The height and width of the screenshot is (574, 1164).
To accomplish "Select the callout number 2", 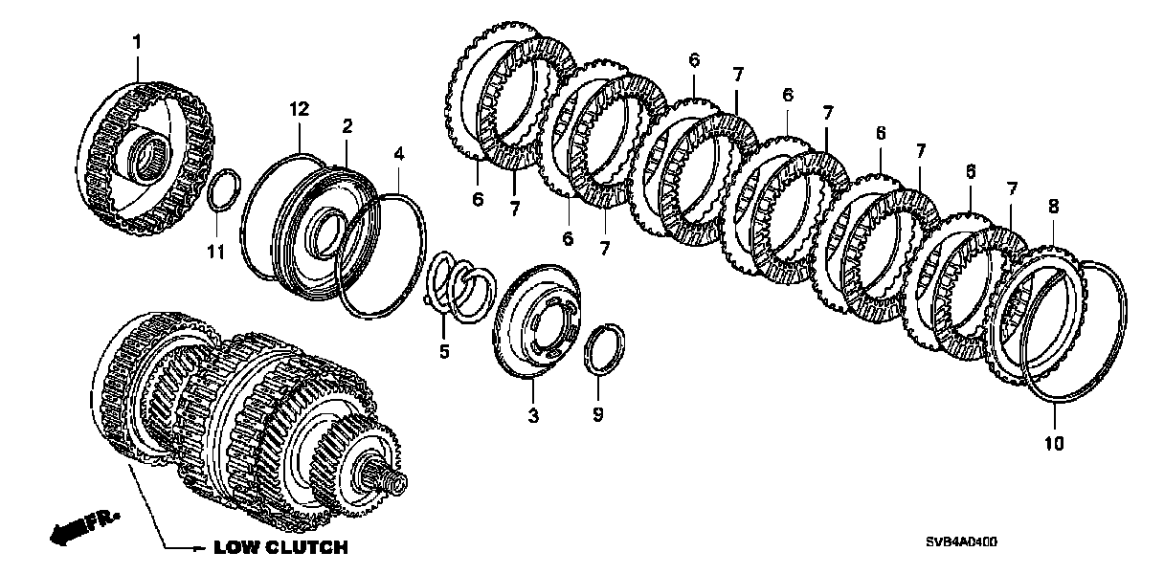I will pyautogui.click(x=347, y=125).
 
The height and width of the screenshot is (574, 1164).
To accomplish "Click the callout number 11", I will pyautogui.click(x=216, y=252).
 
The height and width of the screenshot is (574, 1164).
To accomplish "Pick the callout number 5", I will pyautogui.click(x=444, y=351).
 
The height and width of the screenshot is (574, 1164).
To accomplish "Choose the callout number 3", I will pyautogui.click(x=533, y=416).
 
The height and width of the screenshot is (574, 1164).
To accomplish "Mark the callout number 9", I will pyautogui.click(x=597, y=416).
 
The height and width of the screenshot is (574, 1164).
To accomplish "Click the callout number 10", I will pyautogui.click(x=1053, y=444).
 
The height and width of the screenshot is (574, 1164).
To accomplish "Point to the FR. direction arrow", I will pyautogui.click(x=82, y=525).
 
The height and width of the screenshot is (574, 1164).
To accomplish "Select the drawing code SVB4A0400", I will pyautogui.click(x=960, y=542).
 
